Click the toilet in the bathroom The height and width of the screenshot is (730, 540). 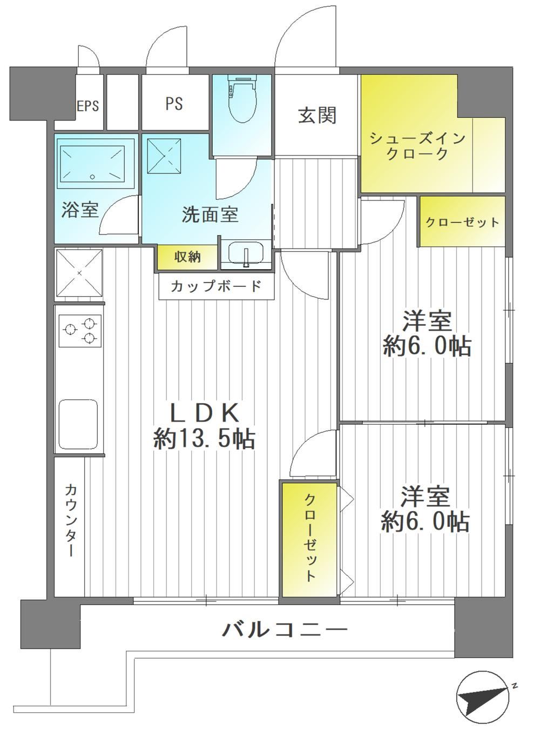[242, 100]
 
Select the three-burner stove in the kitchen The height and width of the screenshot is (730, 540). [79, 331]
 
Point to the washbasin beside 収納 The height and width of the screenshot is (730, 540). [246, 252]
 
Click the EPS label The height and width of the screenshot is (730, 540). [88, 106]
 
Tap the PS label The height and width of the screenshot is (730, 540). [174, 104]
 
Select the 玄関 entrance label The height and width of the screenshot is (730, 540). [317, 116]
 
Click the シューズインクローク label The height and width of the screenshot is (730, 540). [417, 146]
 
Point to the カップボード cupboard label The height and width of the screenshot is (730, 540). [216, 287]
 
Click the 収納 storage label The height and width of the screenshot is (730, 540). [187, 257]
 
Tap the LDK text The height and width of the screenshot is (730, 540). [204, 413]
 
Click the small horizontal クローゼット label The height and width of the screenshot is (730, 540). [462, 223]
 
